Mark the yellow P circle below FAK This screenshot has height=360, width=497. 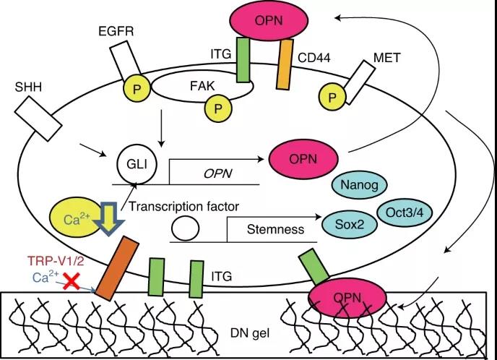pos(215,110)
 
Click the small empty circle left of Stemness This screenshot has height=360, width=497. pos(185,231)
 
